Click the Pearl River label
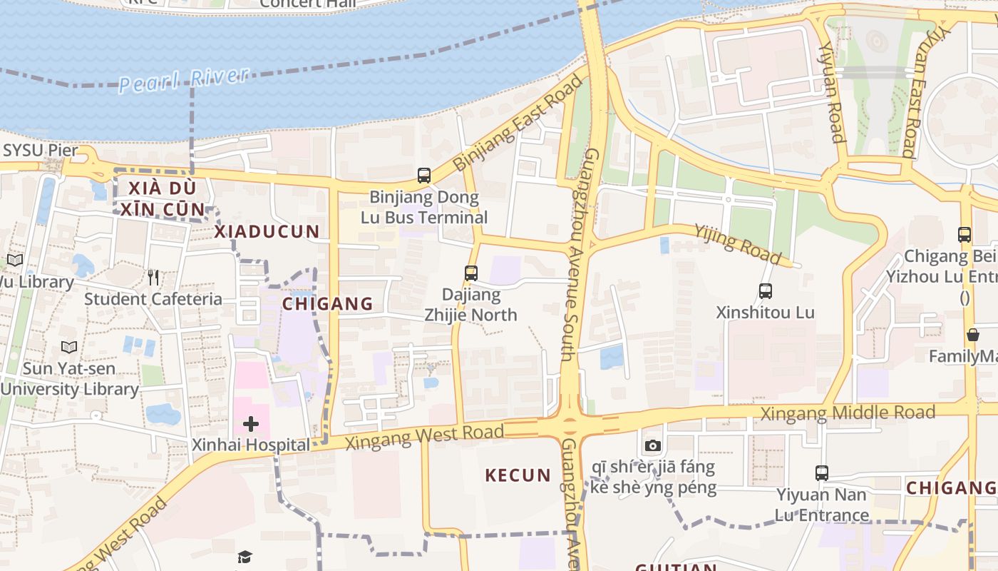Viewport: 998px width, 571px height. pyautogui.click(x=184, y=79)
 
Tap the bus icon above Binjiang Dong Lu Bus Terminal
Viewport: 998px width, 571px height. pyautogui.click(x=424, y=175)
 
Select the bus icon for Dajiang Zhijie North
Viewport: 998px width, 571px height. pyautogui.click(x=470, y=273)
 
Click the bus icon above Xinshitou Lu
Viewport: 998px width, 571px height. pyautogui.click(x=766, y=291)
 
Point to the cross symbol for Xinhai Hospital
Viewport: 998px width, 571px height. pyautogui.click(x=250, y=425)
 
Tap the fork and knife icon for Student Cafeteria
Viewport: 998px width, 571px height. pyautogui.click(x=153, y=278)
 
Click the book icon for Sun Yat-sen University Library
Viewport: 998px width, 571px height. pyautogui.click(x=69, y=348)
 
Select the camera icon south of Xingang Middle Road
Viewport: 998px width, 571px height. pyautogui.click(x=652, y=446)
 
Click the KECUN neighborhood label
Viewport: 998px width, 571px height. pyautogui.click(x=518, y=475)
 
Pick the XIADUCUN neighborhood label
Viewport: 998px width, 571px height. pyautogui.click(x=267, y=231)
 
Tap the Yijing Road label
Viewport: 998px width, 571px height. pyautogui.click(x=738, y=243)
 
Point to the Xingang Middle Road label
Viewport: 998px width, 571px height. pyautogui.click(x=848, y=413)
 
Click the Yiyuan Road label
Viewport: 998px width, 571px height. pyautogui.click(x=831, y=93)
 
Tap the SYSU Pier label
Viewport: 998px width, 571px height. pyautogui.click(x=40, y=151)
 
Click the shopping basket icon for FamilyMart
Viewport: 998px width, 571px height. pyautogui.click(x=972, y=335)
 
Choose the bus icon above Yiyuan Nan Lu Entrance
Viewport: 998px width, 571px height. pyautogui.click(x=821, y=473)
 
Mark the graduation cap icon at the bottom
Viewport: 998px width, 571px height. pyautogui.click(x=245, y=557)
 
